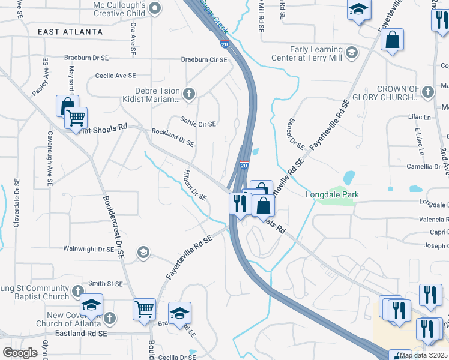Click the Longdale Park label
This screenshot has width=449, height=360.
click(x=332, y=194)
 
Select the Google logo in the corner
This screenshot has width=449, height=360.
click(x=20, y=353)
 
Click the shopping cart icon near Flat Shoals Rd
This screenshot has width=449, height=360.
click(x=76, y=118)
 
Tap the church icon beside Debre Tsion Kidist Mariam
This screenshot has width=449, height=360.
click(x=189, y=94)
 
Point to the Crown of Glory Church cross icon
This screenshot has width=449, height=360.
click(x=427, y=92)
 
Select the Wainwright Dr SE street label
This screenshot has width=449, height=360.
click(x=89, y=248)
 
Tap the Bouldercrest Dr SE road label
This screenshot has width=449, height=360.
click(x=113, y=227)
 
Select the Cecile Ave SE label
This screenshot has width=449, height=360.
click(x=116, y=76)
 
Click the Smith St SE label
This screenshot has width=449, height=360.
click(x=105, y=283)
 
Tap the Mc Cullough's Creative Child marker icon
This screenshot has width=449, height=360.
click(x=155, y=8)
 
